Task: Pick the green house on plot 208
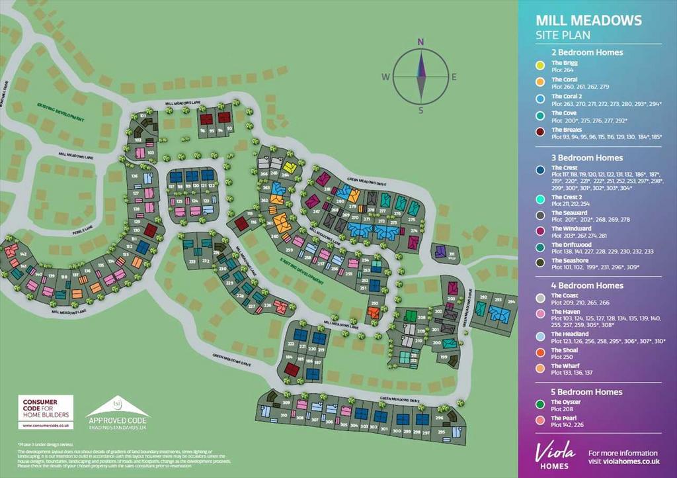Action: tap(410, 316)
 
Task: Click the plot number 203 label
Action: tap(452, 299)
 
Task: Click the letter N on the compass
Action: tap(420, 42)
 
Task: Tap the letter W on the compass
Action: tap(385, 77)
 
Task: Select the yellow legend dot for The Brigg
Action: tap(539, 65)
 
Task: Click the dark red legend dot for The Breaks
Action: tap(539, 132)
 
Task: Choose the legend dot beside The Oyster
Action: tap(539, 405)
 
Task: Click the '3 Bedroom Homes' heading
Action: tap(587, 158)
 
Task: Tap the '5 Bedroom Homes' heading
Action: tap(587, 392)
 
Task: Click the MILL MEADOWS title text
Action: tap(588, 21)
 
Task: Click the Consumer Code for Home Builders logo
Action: tap(46, 411)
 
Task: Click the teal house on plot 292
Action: tap(481, 309)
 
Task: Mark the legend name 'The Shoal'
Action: tap(565, 350)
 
